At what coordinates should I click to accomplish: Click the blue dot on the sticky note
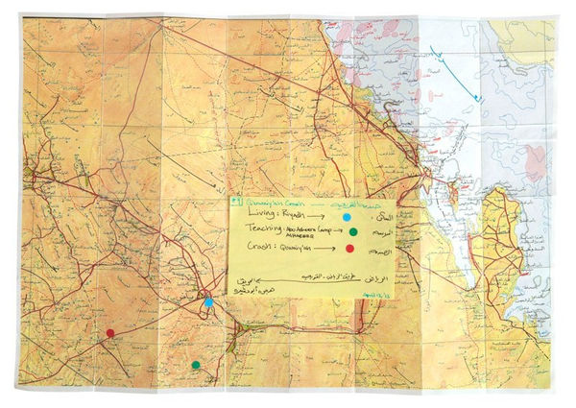coord(346,219)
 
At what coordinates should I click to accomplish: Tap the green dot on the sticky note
coord(352,233)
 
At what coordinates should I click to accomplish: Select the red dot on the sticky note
coord(349,250)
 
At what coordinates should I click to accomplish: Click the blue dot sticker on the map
coord(208,302)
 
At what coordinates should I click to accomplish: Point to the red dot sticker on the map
coord(110,333)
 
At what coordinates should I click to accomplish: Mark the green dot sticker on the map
coord(196,365)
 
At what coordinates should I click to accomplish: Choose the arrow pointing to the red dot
coord(324,250)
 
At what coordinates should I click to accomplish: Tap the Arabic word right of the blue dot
coord(376,219)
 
